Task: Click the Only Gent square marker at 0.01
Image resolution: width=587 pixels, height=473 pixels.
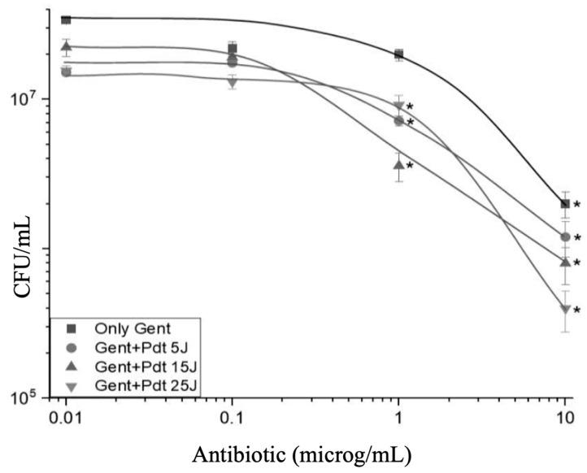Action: point(66,20)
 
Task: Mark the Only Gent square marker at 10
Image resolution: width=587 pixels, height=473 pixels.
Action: point(564,203)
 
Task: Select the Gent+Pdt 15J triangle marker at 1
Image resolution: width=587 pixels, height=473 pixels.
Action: point(398,163)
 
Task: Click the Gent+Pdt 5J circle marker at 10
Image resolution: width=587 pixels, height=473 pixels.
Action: point(564,236)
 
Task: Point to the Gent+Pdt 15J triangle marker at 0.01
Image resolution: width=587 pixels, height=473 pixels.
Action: point(66,46)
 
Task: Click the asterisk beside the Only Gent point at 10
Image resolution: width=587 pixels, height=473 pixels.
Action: point(576,206)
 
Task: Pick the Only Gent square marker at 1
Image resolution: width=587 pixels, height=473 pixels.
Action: point(398,54)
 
